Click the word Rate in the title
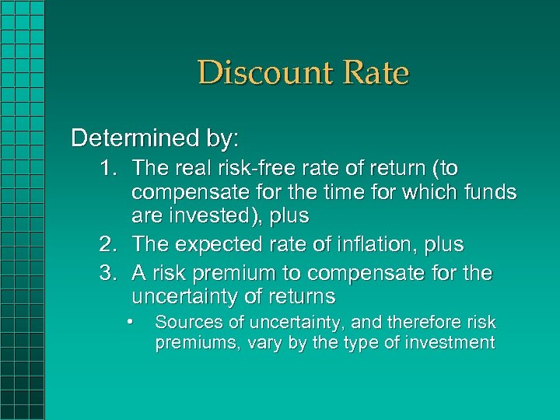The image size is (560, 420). [x=373, y=73]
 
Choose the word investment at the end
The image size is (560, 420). [x=450, y=343]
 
